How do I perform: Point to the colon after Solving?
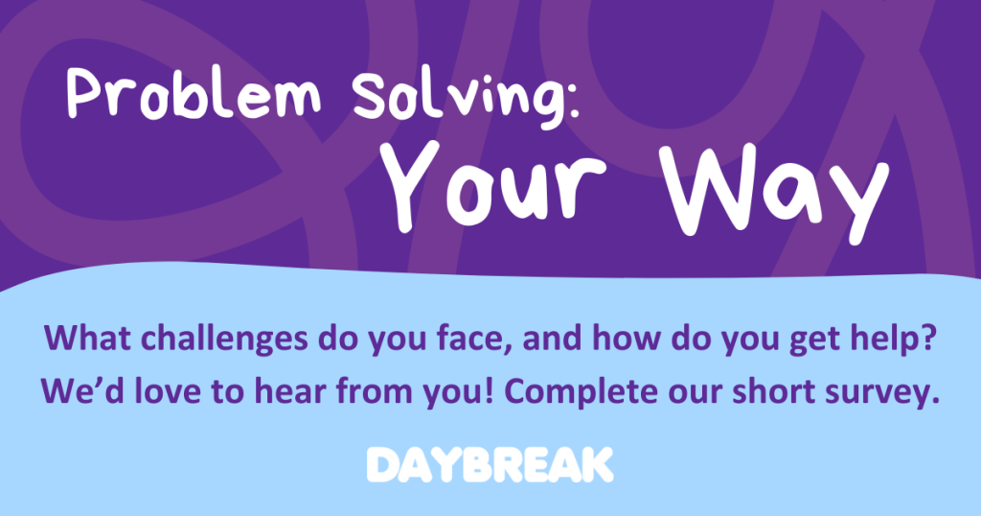[x=573, y=101]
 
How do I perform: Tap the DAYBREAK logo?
[x=490, y=464]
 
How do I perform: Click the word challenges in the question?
[x=224, y=339]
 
